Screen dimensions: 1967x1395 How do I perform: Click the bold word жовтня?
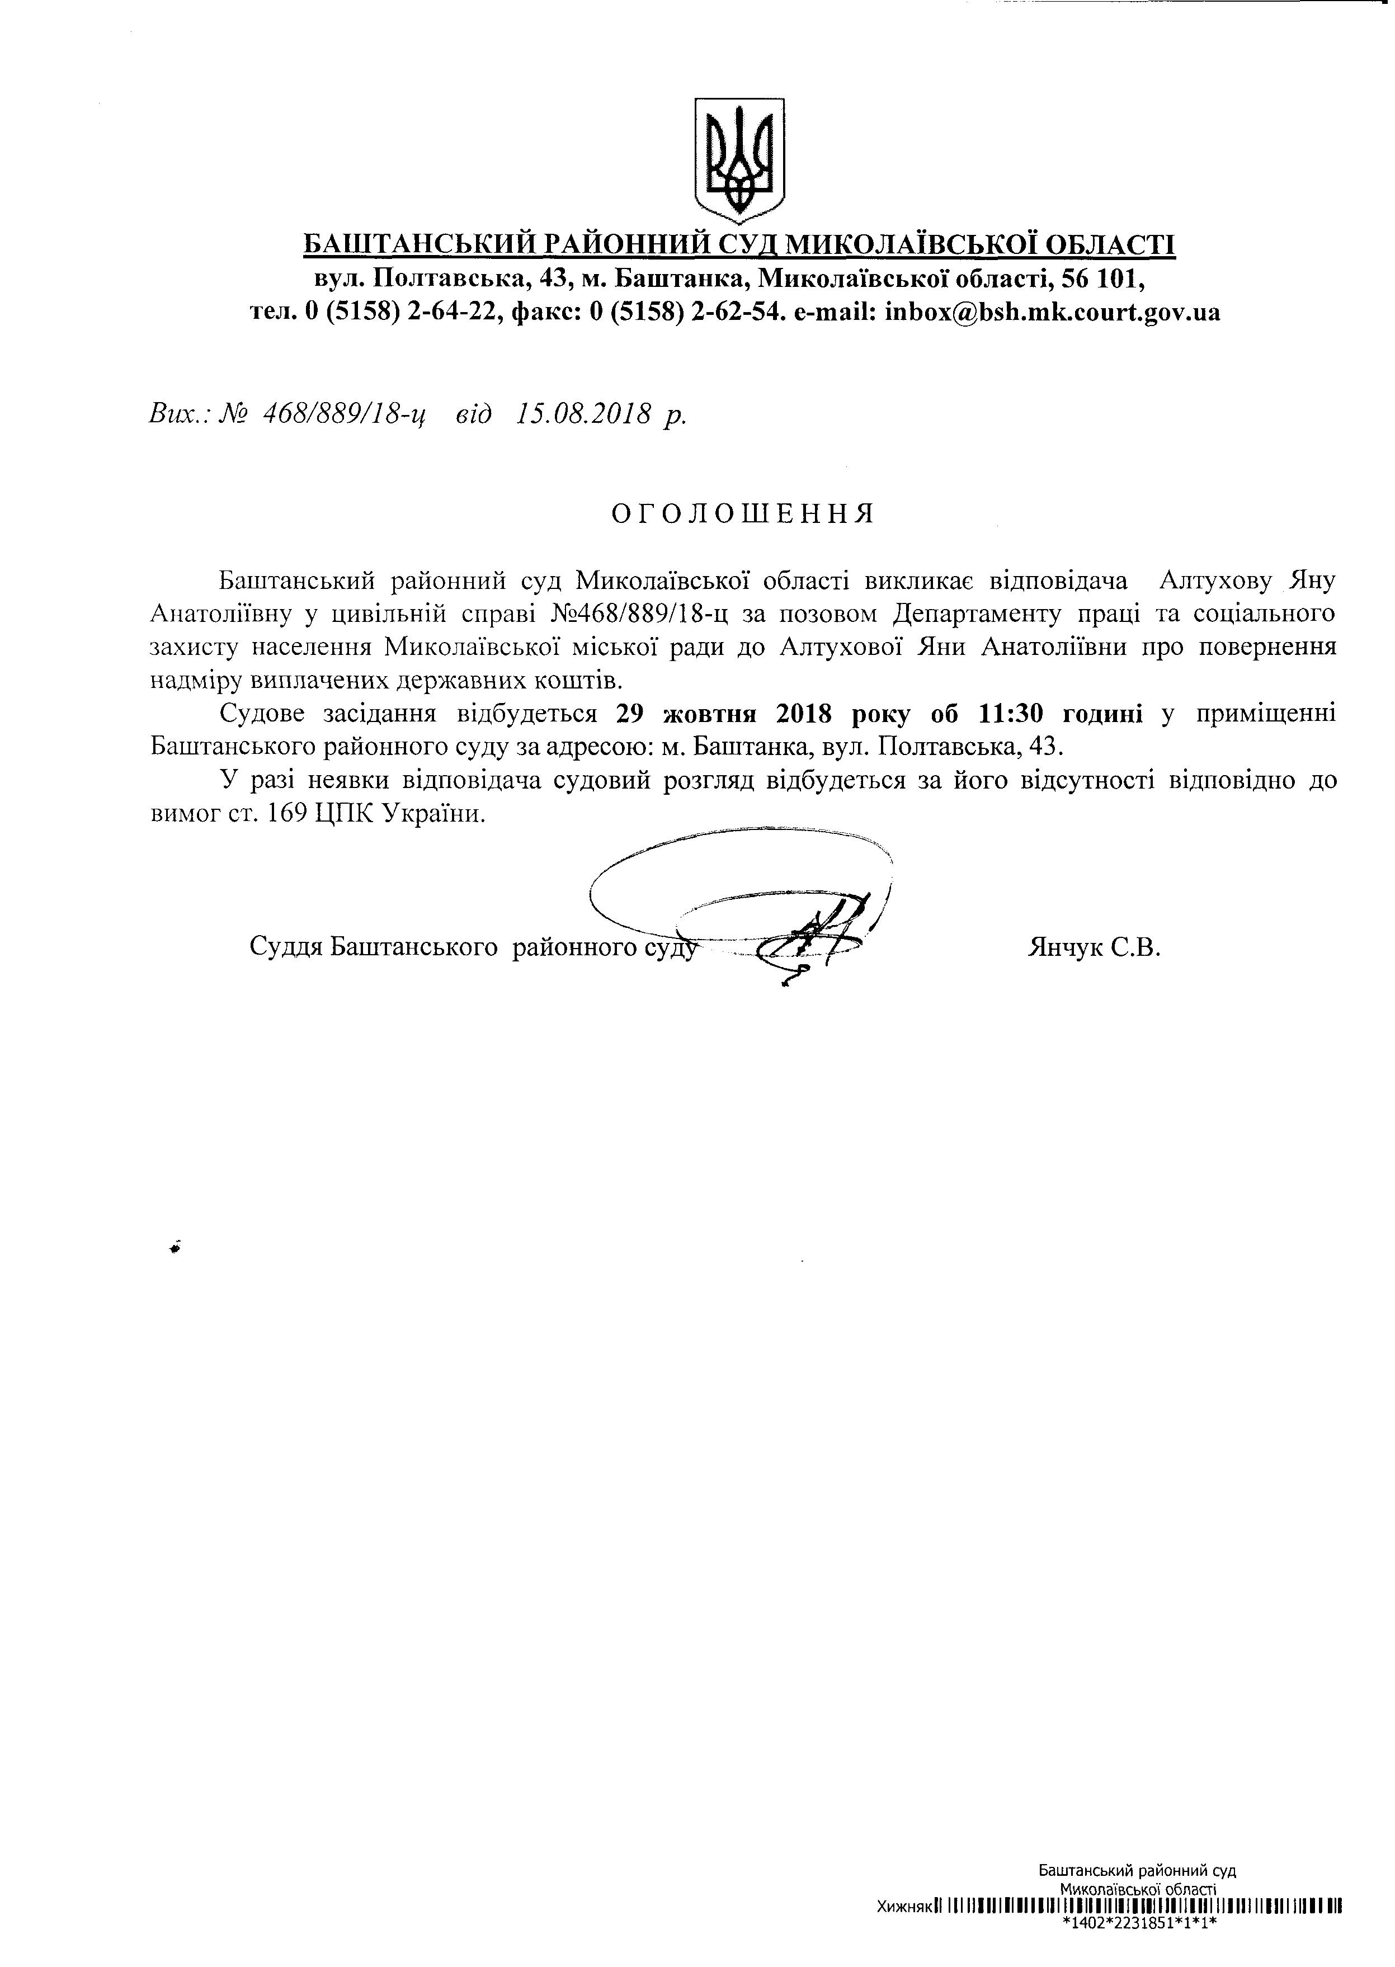(x=708, y=713)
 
